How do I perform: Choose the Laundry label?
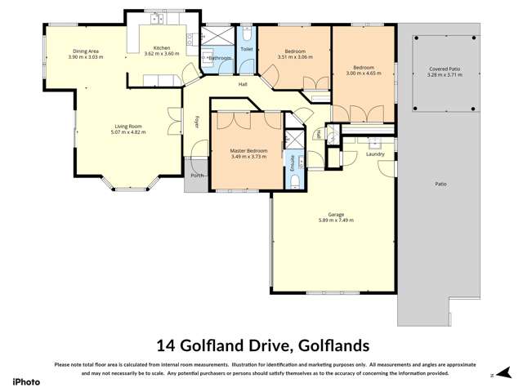click(x=376, y=154)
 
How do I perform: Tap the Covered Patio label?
click(x=445, y=69)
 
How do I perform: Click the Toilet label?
click(x=247, y=48)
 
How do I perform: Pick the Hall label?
click(x=243, y=85)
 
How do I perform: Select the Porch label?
click(x=197, y=176)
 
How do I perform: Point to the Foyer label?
click(x=197, y=122)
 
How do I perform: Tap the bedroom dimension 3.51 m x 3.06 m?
click(x=295, y=58)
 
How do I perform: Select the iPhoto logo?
click(x=26, y=380)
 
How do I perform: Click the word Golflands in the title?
click(x=333, y=345)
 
